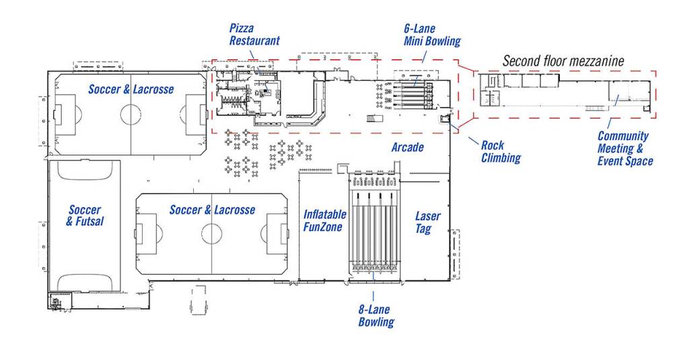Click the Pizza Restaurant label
pyautogui.click(x=254, y=34)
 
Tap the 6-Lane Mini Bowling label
pyautogui.click(x=432, y=35)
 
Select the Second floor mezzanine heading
pyautogui.click(x=563, y=61)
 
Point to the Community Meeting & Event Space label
pyautogui.click(x=624, y=148)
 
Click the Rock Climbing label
pyautogui.click(x=501, y=152)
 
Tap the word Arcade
pyautogui.click(x=408, y=147)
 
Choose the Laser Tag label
pyautogui.click(x=428, y=223)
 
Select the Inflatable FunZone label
pyautogui.click(x=324, y=221)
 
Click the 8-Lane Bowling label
pyautogui.click(x=375, y=316)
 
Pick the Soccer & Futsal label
pyautogui.click(x=85, y=215)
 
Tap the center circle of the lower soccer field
pyautogui.click(x=211, y=234)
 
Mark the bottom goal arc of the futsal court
pyautogui.click(x=85, y=281)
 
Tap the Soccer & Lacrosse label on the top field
pyautogui.click(x=131, y=89)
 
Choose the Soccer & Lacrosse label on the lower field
pyautogui.click(x=212, y=210)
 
